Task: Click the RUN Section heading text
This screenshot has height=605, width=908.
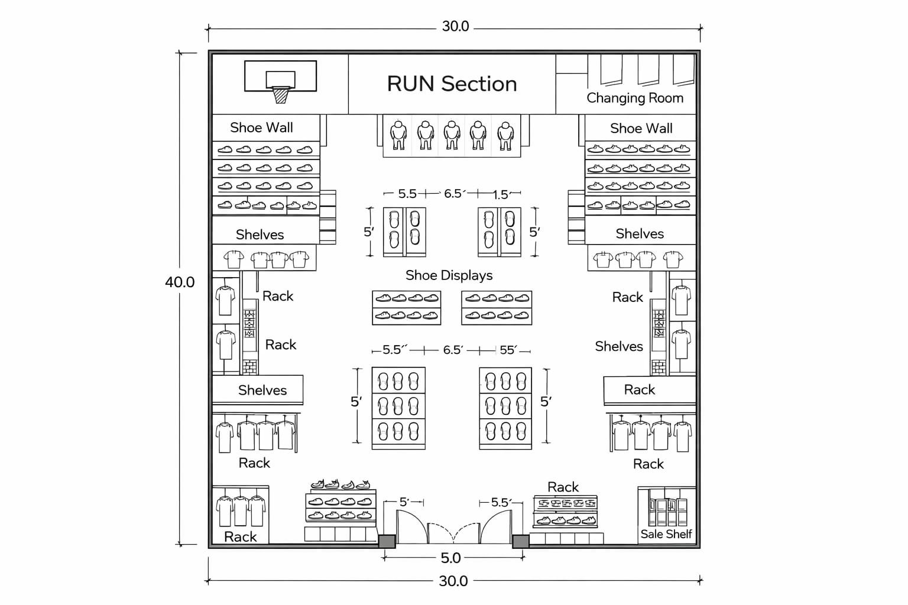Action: point(452,84)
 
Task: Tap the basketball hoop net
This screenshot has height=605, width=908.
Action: point(281,95)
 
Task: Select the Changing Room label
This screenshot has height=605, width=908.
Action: point(634,98)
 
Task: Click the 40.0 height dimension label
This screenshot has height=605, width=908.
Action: point(180,282)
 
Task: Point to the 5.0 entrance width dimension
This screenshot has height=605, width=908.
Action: point(450,558)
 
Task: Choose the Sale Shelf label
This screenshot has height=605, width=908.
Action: point(666,534)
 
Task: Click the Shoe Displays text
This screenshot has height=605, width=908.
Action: point(449,275)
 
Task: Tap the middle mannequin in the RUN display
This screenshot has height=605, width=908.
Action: point(452,135)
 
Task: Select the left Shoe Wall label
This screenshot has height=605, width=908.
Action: point(261,128)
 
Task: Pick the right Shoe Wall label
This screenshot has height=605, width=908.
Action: point(641,128)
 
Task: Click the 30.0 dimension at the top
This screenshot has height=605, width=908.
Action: point(455,27)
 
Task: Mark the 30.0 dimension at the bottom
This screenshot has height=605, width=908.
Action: point(453,581)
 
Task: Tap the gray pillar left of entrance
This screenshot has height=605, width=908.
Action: point(387,541)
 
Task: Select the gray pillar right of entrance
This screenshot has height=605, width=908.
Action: point(520,541)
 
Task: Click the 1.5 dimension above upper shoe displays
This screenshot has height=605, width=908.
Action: point(500,194)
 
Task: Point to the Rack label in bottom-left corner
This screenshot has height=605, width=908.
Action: point(241,536)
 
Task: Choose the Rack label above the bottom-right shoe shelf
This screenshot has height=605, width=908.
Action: point(563,487)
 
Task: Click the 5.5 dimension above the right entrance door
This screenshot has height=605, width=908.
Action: point(500,502)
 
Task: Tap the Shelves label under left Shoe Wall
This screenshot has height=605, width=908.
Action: point(260,235)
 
